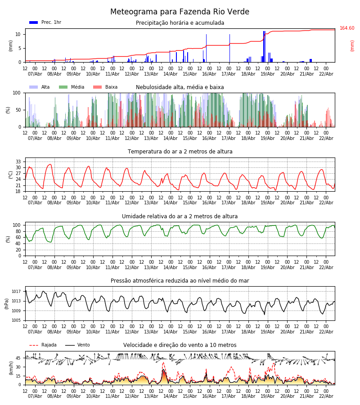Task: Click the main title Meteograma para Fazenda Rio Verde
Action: pos(180,12)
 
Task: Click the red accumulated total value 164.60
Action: pos(347,28)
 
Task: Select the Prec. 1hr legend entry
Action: pos(45,22)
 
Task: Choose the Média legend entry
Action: pos(72,87)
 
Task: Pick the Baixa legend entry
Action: pos(105,87)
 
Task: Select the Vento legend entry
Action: pos(77,345)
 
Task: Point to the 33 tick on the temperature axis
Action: pos(18,162)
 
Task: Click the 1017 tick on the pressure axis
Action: pos(17,292)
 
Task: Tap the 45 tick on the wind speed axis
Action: pos(18,358)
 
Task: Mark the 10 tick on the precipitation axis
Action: pos(18,34)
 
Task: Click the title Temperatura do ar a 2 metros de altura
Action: pos(180,152)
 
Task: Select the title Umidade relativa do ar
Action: pos(180,216)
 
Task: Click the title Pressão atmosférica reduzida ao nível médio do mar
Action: pos(180,281)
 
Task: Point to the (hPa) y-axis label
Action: pos(7,303)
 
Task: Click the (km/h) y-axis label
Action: pos(11,368)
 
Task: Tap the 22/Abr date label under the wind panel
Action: pos(326,396)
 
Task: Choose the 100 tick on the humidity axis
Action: pos(17,225)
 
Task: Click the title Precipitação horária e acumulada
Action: pos(180,23)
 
